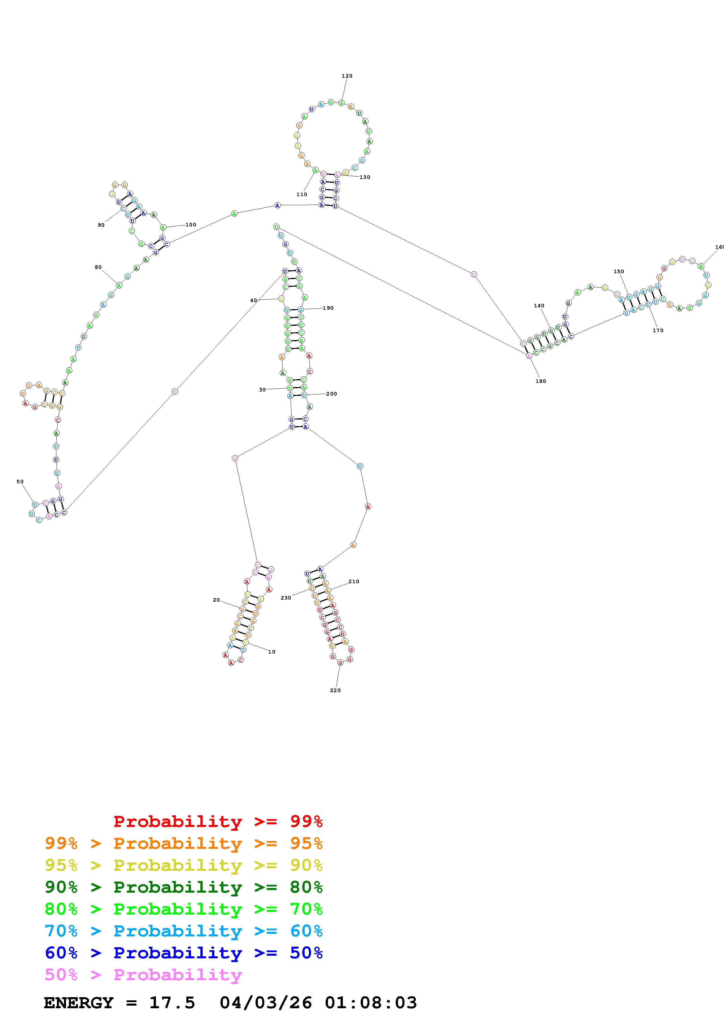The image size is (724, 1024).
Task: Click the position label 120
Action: point(347,76)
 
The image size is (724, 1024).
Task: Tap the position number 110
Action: point(302,194)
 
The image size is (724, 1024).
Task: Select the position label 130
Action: point(364,177)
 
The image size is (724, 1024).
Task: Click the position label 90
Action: point(101,225)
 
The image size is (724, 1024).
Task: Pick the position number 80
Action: point(98,267)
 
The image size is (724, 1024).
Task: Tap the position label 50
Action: point(20,482)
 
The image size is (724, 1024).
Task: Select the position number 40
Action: point(254,301)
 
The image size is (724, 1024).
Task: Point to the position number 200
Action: point(331,394)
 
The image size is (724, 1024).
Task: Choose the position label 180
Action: point(541,381)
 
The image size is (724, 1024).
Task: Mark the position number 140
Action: point(539,306)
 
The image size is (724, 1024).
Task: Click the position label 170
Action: point(658,330)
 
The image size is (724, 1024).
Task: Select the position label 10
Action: point(272,652)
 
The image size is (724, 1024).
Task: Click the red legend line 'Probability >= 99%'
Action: point(218,821)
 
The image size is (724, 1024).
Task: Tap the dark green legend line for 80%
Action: point(184,887)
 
